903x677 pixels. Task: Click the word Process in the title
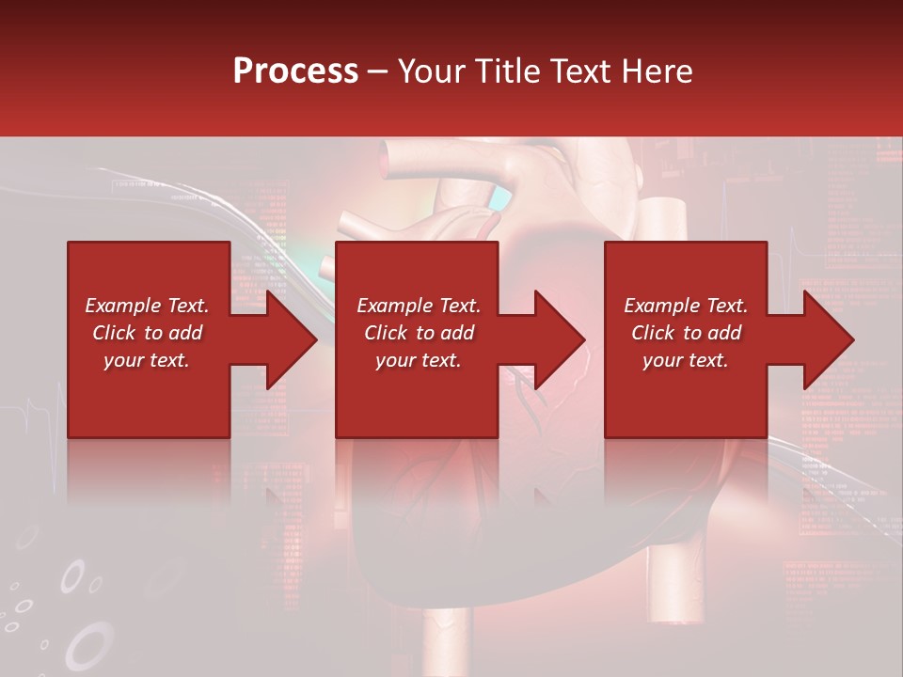click(295, 71)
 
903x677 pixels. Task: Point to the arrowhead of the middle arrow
click(560, 339)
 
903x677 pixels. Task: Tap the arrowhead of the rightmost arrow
click(829, 339)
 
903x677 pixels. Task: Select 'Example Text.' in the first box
click(147, 306)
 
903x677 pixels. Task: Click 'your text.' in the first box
click(147, 360)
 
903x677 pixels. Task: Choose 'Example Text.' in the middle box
click(419, 306)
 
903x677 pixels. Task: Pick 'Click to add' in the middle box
click(419, 333)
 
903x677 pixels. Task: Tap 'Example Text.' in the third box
click(686, 306)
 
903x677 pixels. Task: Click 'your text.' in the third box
click(686, 360)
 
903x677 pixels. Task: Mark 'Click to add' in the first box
click(147, 333)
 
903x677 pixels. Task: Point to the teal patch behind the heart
click(501, 198)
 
